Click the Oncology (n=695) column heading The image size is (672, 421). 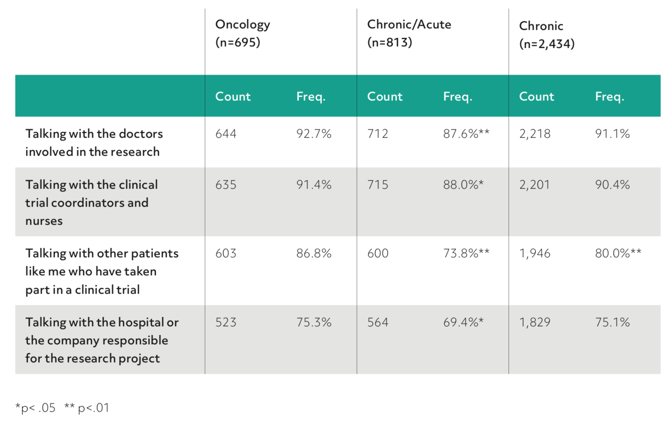coord(242,33)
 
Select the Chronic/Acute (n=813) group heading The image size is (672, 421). coord(408,33)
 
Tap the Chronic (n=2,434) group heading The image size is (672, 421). coord(546,34)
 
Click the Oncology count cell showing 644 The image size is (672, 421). coord(226,134)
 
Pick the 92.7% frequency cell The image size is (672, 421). coord(314,134)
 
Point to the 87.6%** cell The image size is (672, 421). coord(466,134)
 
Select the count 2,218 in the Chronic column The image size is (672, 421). coord(535,134)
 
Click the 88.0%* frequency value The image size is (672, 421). coord(463,185)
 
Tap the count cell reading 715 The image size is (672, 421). coord(378,185)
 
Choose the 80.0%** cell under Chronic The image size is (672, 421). coord(618,253)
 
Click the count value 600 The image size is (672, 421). coord(378,253)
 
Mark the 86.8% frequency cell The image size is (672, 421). coord(314,253)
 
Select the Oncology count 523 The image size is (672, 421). coord(226,322)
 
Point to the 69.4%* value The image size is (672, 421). coord(463,322)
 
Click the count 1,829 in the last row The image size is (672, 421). coord(535,322)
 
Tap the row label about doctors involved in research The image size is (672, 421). coord(94,143)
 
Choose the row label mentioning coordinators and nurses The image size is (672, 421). coord(91,203)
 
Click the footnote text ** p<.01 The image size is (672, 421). coord(87,408)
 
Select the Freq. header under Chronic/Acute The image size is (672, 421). coord(457,96)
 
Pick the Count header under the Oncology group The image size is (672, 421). coord(233,96)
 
